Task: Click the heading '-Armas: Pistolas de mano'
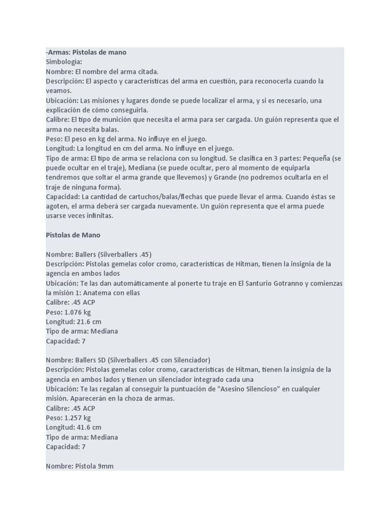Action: (x=86, y=52)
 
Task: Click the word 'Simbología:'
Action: (x=63, y=62)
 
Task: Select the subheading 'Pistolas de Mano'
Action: (x=73, y=235)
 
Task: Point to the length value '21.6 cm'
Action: (x=89, y=322)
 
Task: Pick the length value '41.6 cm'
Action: (x=89, y=428)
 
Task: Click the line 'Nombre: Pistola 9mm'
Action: (x=79, y=466)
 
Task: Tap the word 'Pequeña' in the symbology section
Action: (x=315, y=158)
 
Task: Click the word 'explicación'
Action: (x=64, y=110)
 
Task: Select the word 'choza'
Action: (x=117, y=399)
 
